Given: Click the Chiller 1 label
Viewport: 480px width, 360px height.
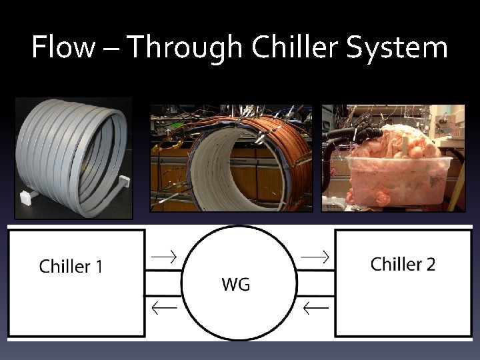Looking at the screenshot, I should [71, 267].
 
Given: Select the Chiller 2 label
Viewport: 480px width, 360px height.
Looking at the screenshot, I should [403, 264].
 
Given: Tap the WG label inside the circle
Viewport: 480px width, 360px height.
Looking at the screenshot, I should [236, 285].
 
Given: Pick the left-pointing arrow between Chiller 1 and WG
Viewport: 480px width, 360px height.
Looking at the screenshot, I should [163, 307].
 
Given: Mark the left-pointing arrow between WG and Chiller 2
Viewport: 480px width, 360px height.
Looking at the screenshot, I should [315, 307].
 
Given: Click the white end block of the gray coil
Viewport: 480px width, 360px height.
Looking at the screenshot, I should [27, 197].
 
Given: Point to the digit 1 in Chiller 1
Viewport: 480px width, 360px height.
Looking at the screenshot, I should [99, 267].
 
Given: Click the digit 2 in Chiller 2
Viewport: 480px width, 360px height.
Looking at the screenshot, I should [430, 264].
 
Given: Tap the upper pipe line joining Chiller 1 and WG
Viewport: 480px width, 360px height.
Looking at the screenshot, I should [163, 271].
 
